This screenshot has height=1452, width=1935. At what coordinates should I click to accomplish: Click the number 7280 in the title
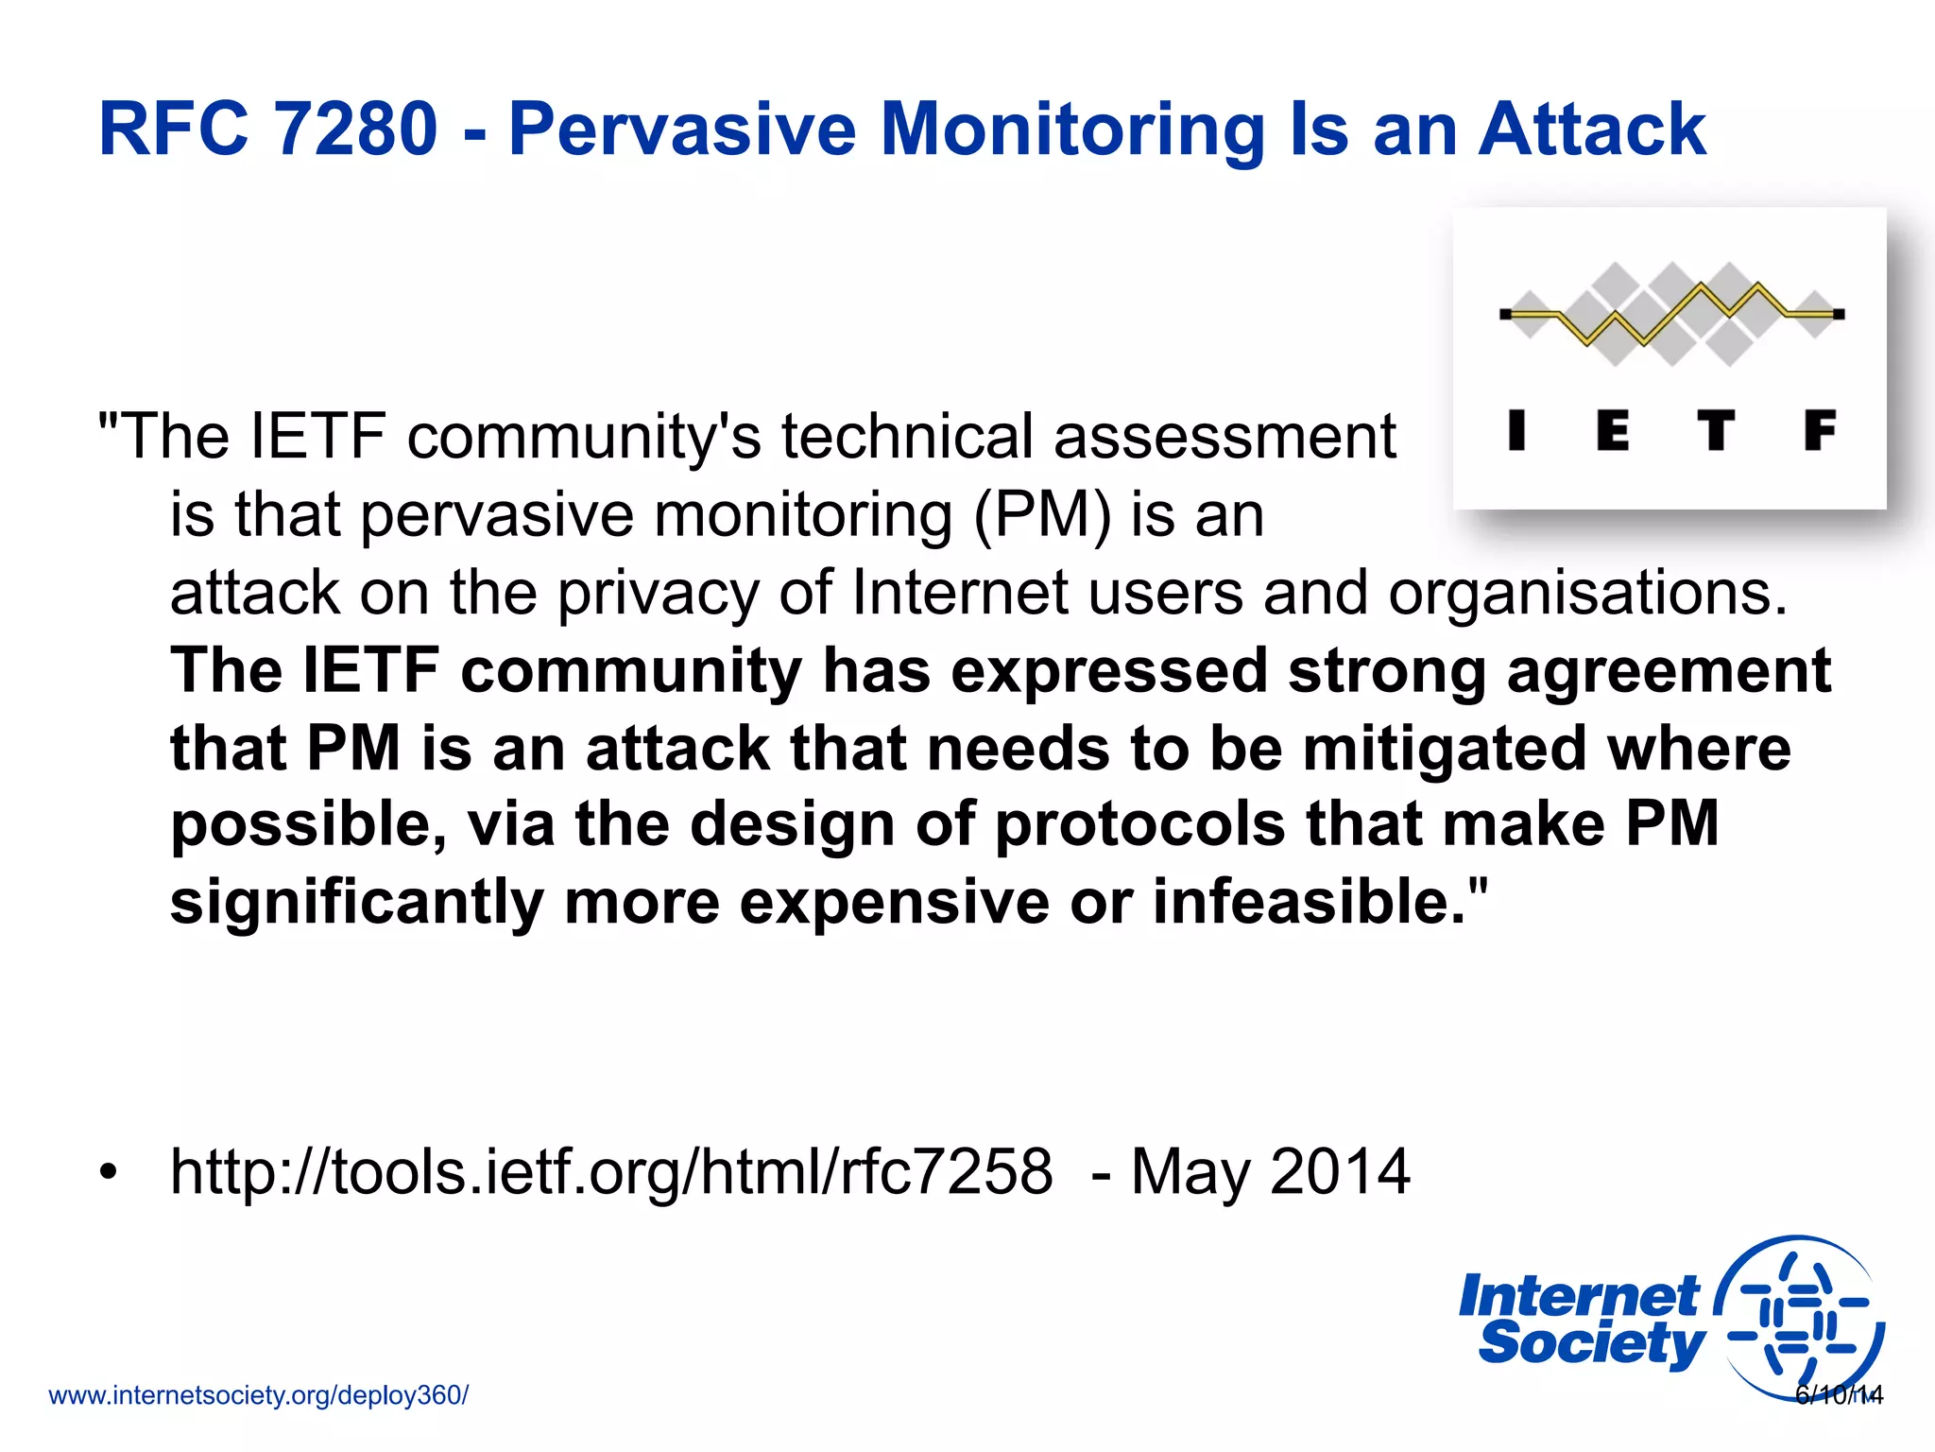click(354, 129)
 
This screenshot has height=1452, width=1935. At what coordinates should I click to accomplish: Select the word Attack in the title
click(1592, 129)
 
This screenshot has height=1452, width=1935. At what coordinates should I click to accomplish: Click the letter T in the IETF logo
click(1715, 430)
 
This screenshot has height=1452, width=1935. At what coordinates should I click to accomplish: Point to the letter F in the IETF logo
click(1819, 430)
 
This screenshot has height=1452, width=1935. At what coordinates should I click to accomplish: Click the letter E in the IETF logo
click(1613, 430)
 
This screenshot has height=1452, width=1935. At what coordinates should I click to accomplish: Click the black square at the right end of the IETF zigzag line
click(1839, 314)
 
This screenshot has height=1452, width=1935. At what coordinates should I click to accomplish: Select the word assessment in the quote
click(1224, 437)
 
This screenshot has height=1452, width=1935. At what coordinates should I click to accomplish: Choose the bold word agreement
click(1669, 670)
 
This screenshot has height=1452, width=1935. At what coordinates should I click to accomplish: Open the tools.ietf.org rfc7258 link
click(611, 1171)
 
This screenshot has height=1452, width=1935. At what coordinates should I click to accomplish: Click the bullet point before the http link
click(110, 1172)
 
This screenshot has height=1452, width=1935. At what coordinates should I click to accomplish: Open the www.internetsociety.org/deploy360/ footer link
click(258, 1395)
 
